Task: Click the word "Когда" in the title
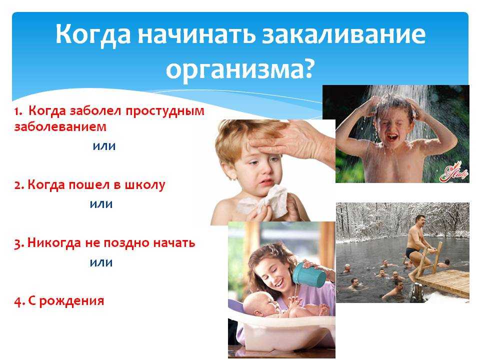tap(93, 34)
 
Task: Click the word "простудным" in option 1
tap(165, 111)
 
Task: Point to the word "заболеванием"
tap(60, 126)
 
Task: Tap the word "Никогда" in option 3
tap(54, 243)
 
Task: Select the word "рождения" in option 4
tap(71, 301)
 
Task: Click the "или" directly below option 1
tap(104, 146)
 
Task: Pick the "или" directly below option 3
tap(101, 262)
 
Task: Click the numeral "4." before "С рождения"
tap(19, 301)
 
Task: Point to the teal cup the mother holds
tap(309, 274)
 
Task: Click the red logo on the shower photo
tap(453, 173)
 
